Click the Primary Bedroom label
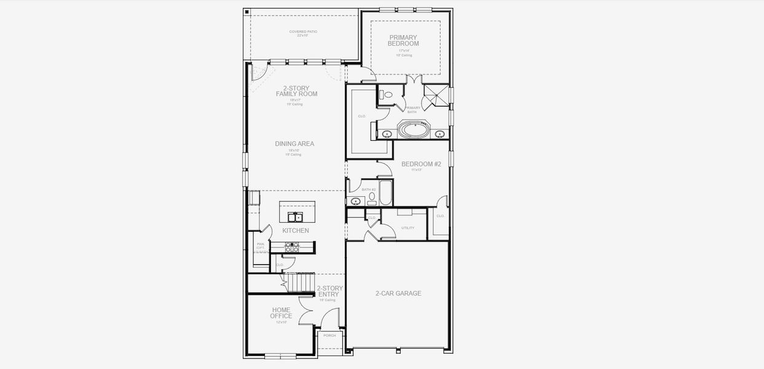pyautogui.click(x=403, y=41)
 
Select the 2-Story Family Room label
pyautogui.click(x=296, y=91)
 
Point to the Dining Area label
pyautogui.click(x=294, y=144)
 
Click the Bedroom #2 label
pyautogui.click(x=421, y=164)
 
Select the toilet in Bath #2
pyautogui.click(x=372, y=197)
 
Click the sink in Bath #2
pyautogui.click(x=356, y=200)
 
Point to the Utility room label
pyautogui.click(x=408, y=228)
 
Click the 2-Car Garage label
pyautogui.click(x=398, y=293)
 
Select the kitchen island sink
pyautogui.click(x=294, y=216)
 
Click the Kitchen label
pyautogui.click(x=296, y=231)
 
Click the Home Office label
pyautogui.click(x=281, y=313)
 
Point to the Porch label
pyautogui.click(x=330, y=336)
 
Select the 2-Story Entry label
pyautogui.click(x=330, y=292)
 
